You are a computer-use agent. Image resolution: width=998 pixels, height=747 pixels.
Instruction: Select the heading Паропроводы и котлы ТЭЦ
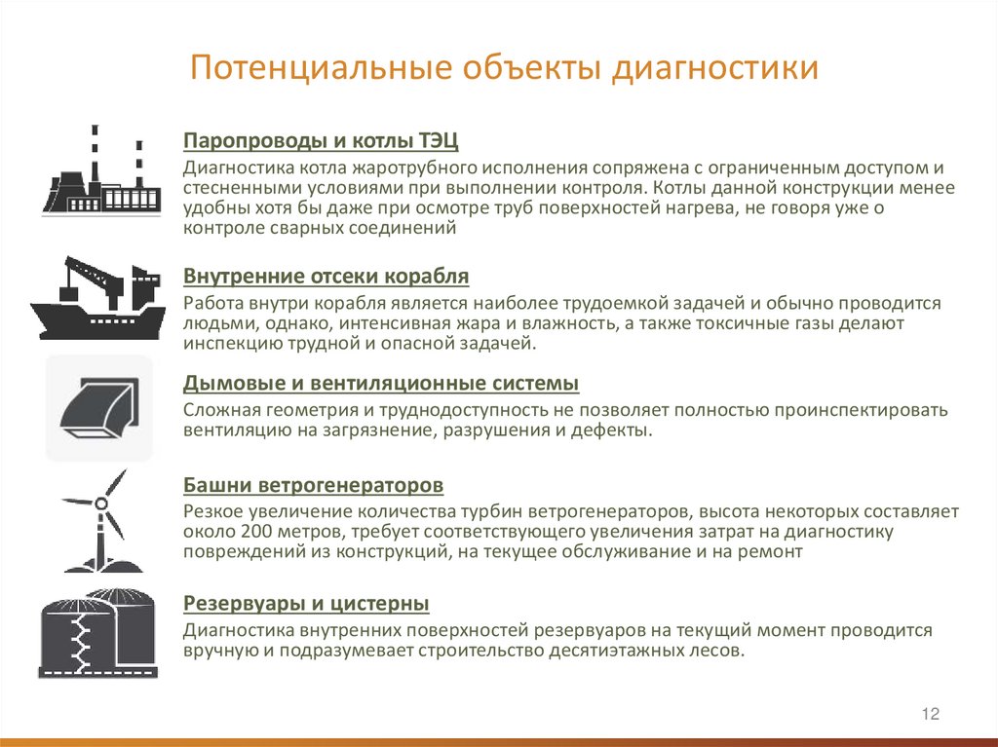[x=321, y=140]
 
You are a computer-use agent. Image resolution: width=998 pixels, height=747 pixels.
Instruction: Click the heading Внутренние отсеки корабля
[x=326, y=277]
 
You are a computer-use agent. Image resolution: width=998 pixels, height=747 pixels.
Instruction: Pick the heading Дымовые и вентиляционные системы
[x=381, y=383]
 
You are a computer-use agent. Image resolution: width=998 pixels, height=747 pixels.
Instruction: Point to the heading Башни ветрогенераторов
[x=314, y=484]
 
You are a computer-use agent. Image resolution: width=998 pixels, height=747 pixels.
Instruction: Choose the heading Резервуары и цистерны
[x=306, y=604]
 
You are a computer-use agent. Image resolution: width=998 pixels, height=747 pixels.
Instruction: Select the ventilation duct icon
[x=99, y=406]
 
